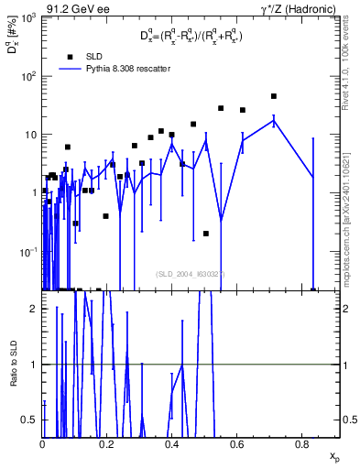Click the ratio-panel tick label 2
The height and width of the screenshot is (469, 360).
(33, 309)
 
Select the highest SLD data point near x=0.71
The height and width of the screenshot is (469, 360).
(274, 96)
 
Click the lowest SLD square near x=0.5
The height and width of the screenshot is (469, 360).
(206, 234)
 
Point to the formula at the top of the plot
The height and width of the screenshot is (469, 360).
(190, 36)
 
